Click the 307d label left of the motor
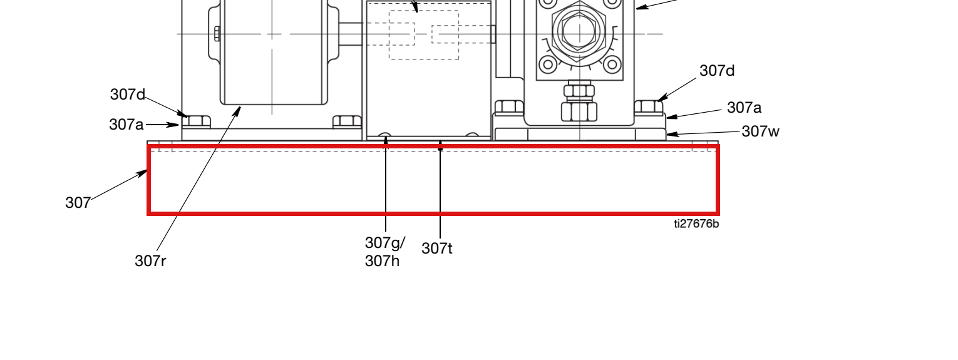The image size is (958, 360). [128, 95]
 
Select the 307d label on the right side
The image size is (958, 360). [717, 71]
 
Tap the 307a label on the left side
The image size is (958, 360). [126, 125]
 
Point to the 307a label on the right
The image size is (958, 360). [744, 107]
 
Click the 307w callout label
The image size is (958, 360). [760, 131]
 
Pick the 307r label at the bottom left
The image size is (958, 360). [150, 261]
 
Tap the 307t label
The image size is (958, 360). [436, 249]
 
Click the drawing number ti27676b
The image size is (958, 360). [696, 224]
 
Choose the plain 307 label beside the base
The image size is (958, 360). [78, 203]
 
